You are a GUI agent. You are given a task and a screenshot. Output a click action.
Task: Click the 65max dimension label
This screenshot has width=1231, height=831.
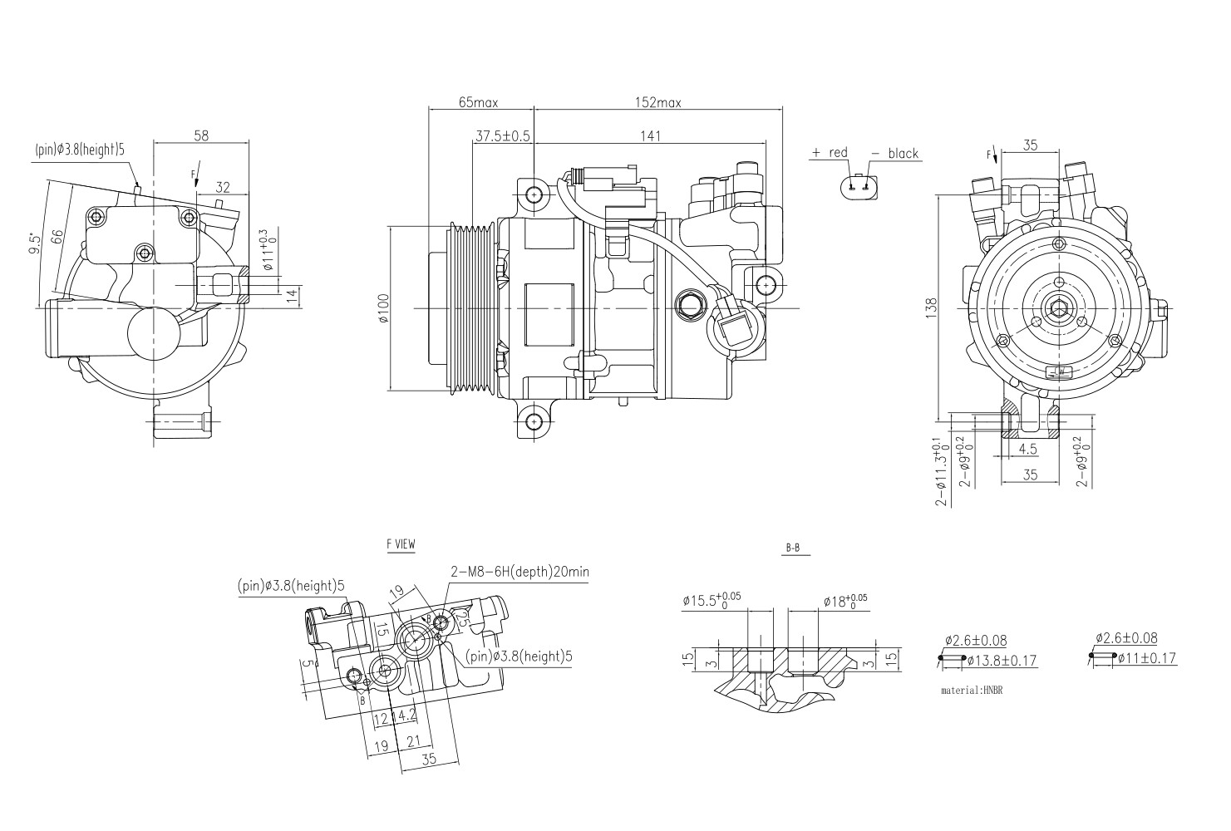(x=478, y=103)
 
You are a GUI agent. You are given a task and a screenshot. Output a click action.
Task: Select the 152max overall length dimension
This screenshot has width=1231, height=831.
(x=658, y=103)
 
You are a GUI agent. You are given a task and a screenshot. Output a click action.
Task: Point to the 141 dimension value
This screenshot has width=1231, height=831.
(x=650, y=136)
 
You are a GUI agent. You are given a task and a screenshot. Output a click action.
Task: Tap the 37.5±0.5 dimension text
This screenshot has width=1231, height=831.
(x=502, y=136)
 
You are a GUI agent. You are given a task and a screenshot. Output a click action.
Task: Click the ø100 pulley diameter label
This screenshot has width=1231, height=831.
(x=383, y=307)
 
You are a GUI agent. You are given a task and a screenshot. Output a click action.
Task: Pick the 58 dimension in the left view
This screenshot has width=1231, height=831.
(x=201, y=136)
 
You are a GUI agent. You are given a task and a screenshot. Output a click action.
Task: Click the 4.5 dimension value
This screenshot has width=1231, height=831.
(x=1027, y=450)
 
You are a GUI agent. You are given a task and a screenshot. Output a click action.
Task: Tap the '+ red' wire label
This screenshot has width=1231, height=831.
(x=830, y=153)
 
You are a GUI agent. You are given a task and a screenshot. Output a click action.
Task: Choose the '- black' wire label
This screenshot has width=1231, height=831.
(x=894, y=154)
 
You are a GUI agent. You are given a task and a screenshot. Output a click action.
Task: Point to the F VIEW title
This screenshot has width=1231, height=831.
(x=401, y=545)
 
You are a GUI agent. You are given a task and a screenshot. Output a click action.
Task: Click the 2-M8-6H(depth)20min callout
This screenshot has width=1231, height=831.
(x=519, y=572)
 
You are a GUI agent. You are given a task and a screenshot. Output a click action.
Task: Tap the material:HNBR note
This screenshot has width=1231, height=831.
(x=972, y=691)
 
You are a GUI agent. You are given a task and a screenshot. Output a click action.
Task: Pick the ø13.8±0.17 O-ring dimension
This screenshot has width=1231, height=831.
(x=1002, y=661)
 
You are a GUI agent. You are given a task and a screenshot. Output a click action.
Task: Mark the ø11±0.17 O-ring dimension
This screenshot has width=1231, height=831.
(x=1146, y=658)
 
